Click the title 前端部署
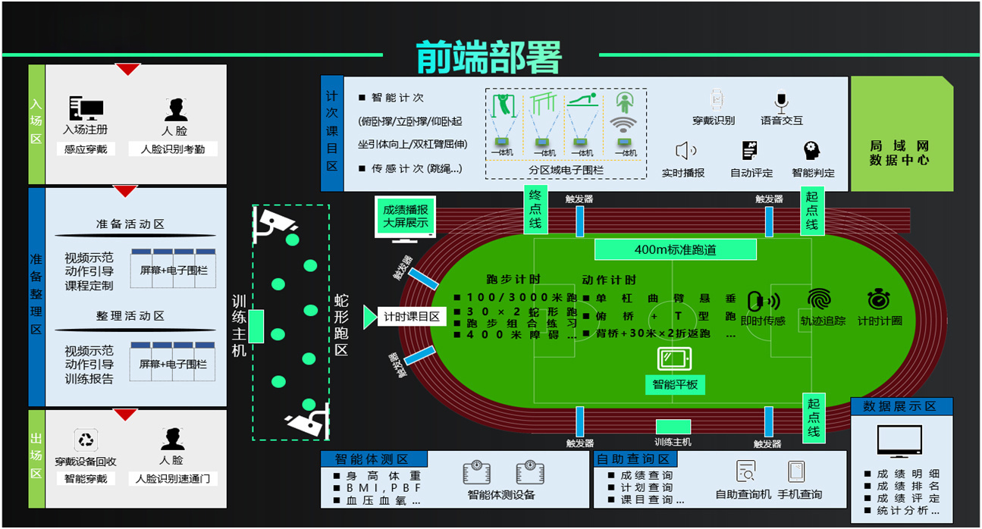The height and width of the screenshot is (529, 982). click(489, 56)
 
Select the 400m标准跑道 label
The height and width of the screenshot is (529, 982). click(675, 249)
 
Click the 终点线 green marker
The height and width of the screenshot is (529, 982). click(535, 210)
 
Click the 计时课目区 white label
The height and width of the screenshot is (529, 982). click(411, 317)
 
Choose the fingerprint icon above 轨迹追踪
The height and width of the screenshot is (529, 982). click(819, 299)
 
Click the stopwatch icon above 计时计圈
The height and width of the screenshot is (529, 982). click(879, 299)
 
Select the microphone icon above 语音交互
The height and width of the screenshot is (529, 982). click(782, 101)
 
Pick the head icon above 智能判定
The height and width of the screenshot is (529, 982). click(812, 150)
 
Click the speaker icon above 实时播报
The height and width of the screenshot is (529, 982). click(685, 150)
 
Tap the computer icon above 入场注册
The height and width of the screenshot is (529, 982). click(85, 108)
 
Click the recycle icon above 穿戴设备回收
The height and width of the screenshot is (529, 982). click(85, 440)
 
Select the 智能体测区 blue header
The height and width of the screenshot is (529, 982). click(375, 459)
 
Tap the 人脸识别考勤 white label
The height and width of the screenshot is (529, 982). click(174, 149)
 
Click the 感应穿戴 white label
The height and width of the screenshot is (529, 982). click(86, 149)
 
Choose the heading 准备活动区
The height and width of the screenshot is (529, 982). click(130, 224)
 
